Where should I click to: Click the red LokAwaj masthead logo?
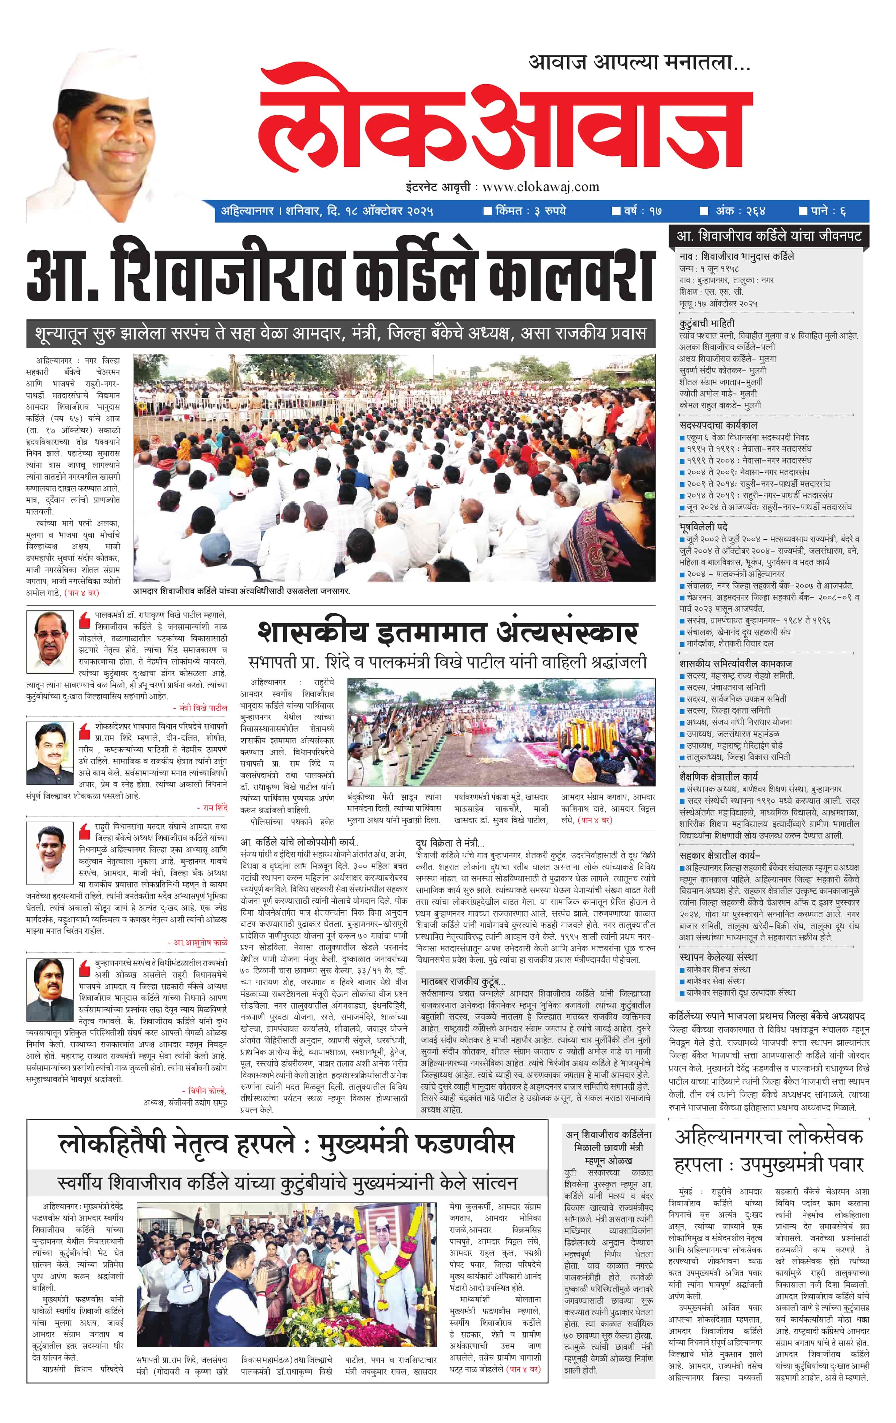coord(505,122)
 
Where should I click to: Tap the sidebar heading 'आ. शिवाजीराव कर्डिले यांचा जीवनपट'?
coord(768,236)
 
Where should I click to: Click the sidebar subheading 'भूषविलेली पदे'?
coord(703,526)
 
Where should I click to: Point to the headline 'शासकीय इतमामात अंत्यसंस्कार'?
coord(447,633)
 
